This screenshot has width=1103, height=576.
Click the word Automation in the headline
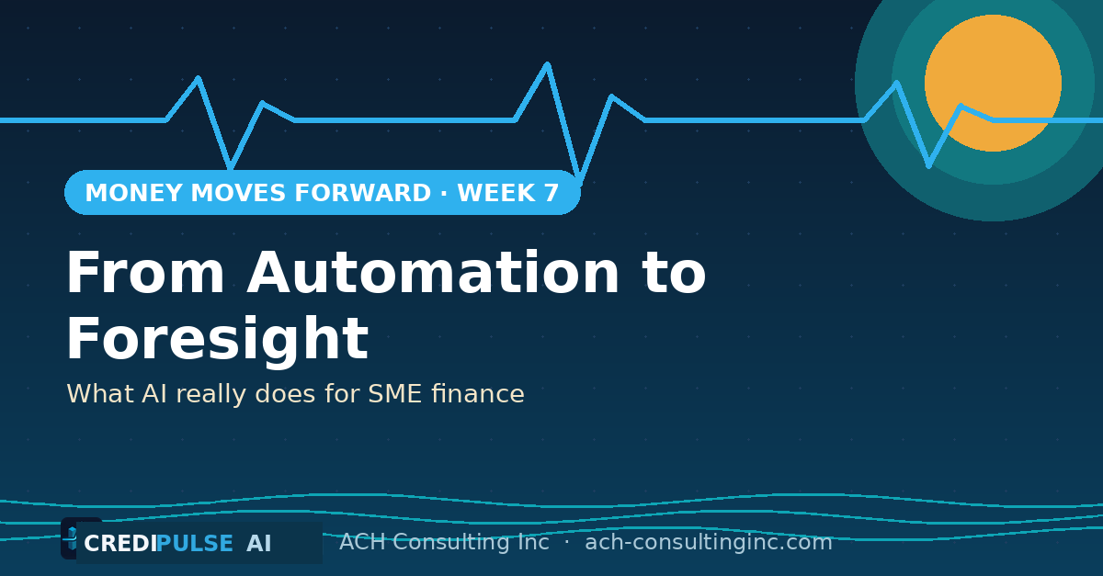(433, 272)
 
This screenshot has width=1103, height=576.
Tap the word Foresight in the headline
(218, 339)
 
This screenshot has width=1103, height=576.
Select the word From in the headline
(146, 272)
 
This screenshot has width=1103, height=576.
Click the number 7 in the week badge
(551, 193)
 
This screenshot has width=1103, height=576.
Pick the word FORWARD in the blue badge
(362, 193)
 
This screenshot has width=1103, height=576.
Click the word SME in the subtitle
(395, 394)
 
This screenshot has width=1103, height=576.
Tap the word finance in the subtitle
(478, 394)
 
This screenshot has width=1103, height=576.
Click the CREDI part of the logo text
(120, 544)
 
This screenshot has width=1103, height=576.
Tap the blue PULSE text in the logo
(195, 544)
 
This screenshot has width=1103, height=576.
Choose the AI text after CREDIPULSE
(259, 544)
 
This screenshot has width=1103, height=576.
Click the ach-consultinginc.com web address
(709, 542)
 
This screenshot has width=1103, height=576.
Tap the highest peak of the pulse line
(547, 63)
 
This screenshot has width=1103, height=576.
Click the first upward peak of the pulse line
(198, 77)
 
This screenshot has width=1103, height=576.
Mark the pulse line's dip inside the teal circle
(928, 166)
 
